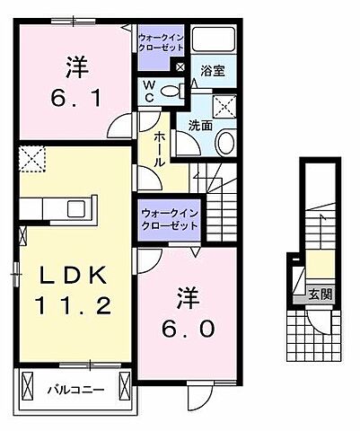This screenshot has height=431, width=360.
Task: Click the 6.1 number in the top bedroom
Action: click(x=76, y=95)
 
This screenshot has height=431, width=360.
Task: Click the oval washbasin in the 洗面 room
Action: click(x=226, y=140)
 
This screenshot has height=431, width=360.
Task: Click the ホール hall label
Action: click(x=158, y=148)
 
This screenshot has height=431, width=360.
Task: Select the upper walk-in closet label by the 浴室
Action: click(x=162, y=42)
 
